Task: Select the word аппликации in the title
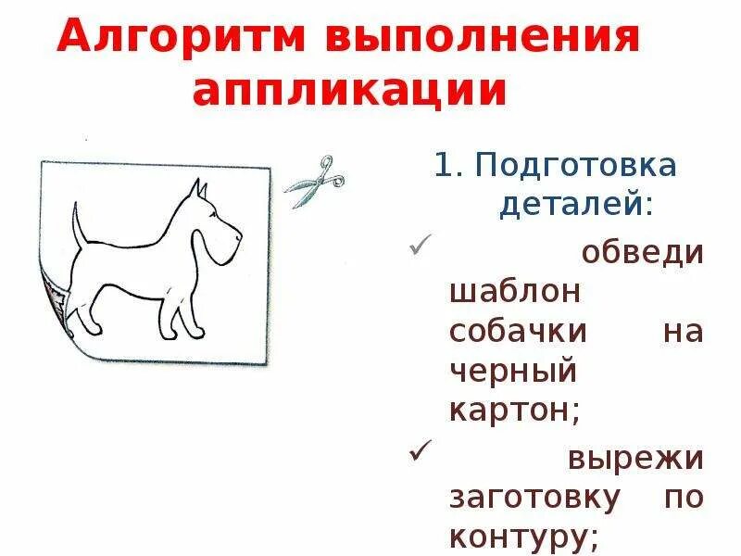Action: [x=350, y=91]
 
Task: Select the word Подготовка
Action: [x=574, y=167]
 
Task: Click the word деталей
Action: [x=575, y=204]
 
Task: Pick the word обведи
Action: [x=643, y=252]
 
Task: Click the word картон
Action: [x=515, y=410]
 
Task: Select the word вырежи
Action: [x=635, y=459]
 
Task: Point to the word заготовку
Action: [x=534, y=498]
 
